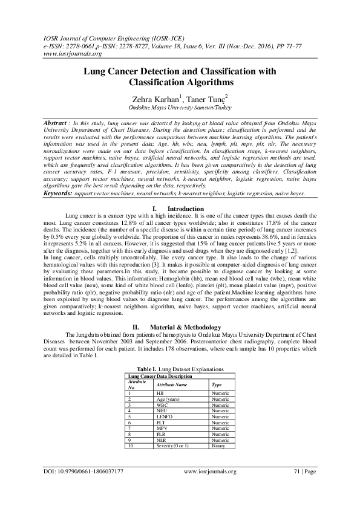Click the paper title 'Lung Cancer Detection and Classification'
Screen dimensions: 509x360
tap(180, 71)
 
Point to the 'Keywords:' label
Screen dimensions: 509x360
tap(58, 193)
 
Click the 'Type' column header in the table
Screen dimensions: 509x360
tap(215, 384)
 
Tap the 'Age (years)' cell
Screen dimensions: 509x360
tap(168, 399)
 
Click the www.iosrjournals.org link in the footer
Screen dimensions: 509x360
tap(209, 471)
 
